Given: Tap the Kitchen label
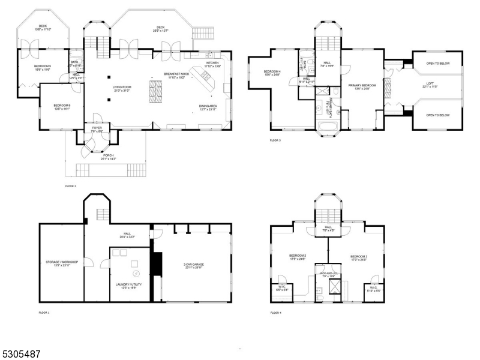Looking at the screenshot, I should click(x=213, y=64).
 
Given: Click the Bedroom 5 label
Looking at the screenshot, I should click(x=43, y=67).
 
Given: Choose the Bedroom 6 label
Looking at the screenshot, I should click(x=62, y=107).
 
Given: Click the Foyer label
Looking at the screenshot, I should click(x=97, y=129).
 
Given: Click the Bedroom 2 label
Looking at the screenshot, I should click(x=298, y=257).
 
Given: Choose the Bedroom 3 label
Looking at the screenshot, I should click(x=358, y=257).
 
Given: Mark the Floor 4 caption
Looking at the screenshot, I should click(x=275, y=313).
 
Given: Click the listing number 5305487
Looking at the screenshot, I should click(x=21, y=354).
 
